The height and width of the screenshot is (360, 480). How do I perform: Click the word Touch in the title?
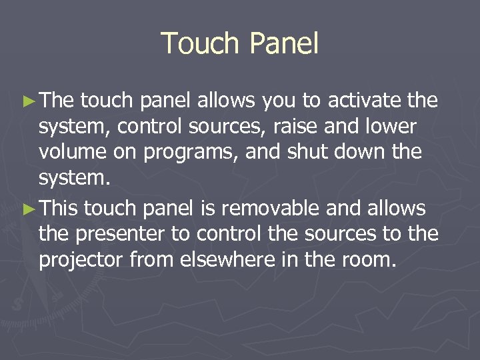click(x=200, y=44)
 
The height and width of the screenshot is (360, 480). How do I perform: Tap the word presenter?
click(x=113, y=235)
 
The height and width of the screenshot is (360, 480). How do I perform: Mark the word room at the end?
click(x=369, y=260)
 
